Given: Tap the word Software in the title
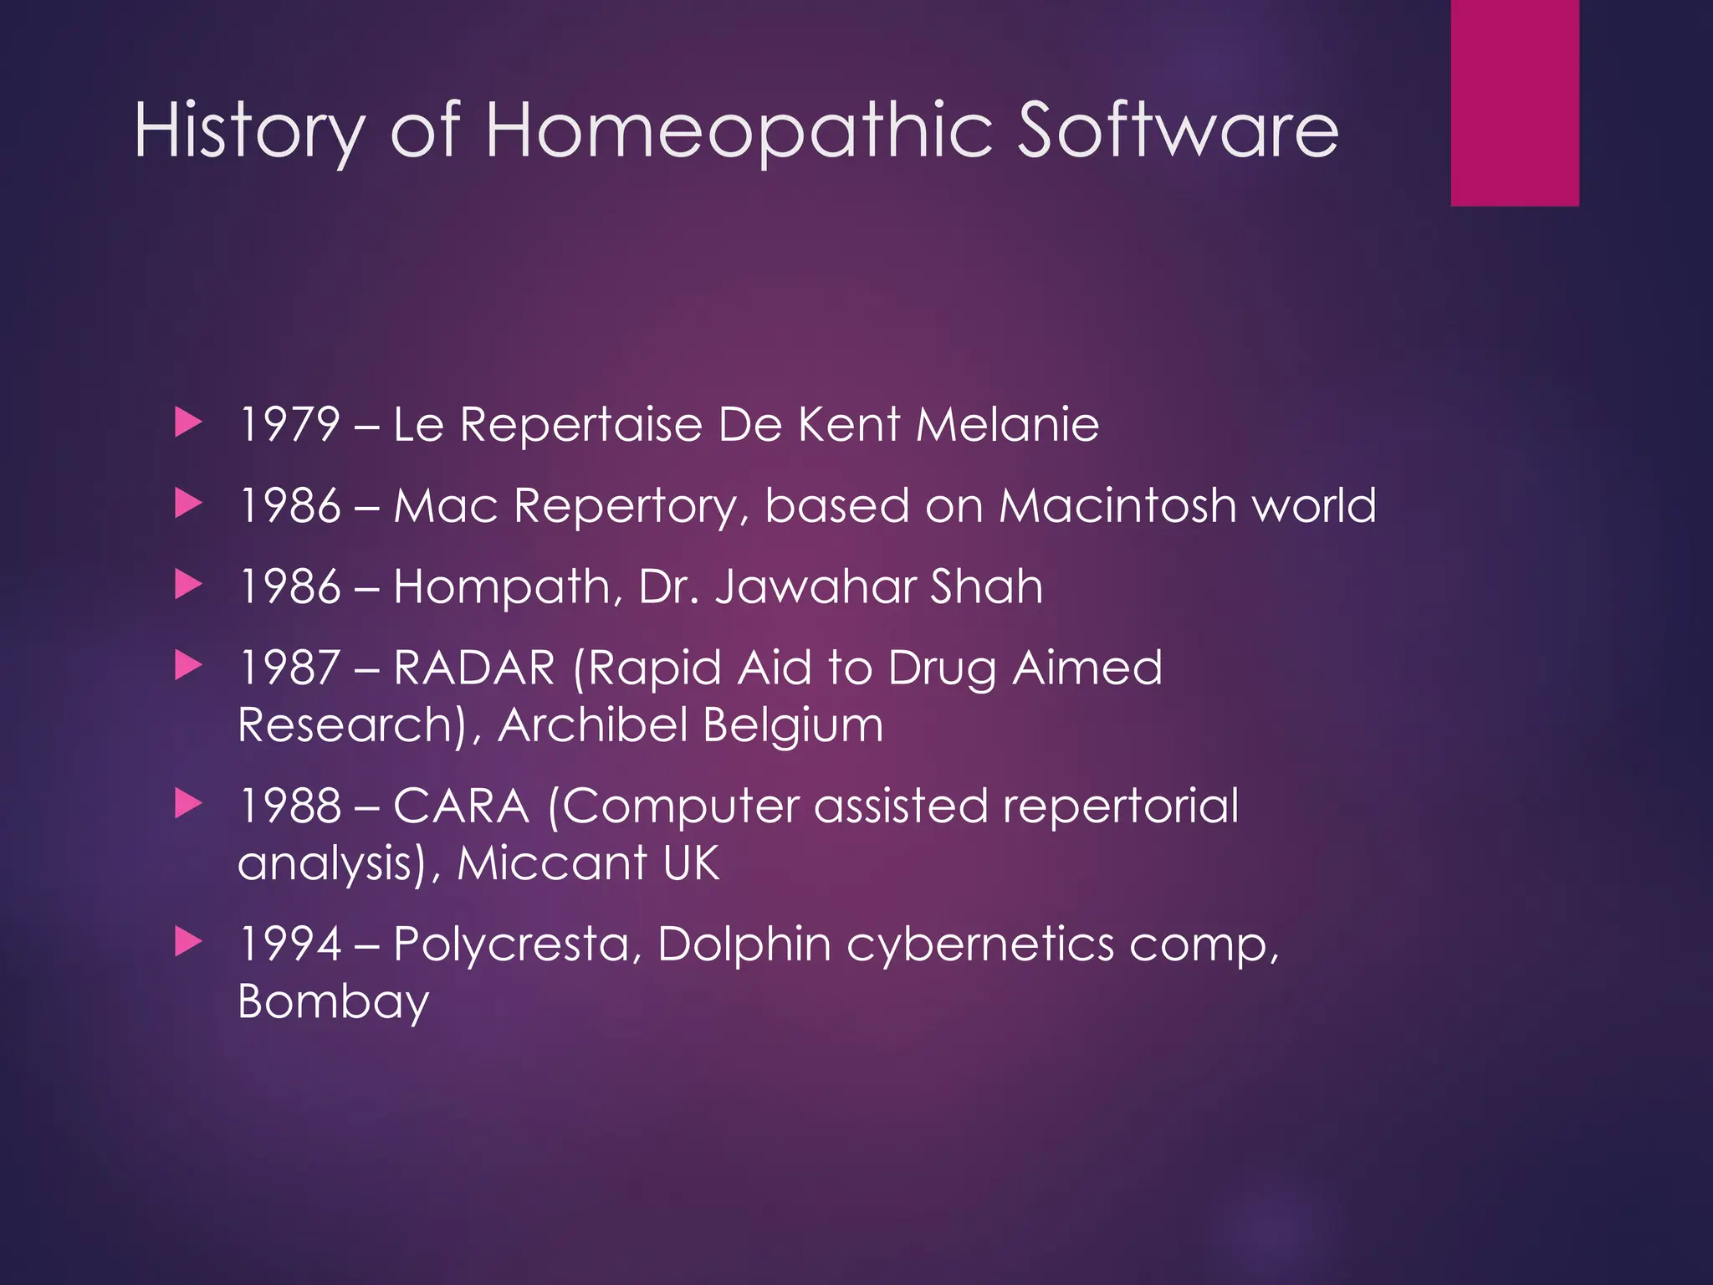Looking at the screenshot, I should tap(1178, 131).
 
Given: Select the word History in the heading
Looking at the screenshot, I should tap(249, 132).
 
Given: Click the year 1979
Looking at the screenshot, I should tap(289, 424).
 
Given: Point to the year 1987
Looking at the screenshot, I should tap(289, 668).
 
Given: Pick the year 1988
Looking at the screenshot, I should tap(289, 806).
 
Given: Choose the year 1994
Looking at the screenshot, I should tap(289, 944).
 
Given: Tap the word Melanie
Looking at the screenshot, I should tap(1007, 424).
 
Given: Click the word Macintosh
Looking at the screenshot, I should tap(1117, 505).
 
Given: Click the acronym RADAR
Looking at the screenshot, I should tap(474, 668).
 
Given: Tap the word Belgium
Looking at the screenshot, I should tap(793, 724).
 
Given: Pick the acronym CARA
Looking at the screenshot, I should tap(461, 806).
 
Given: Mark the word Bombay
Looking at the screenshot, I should tap(333, 1001).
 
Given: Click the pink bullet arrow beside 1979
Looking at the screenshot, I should tap(189, 423).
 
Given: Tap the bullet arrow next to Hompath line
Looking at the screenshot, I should tap(189, 586).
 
